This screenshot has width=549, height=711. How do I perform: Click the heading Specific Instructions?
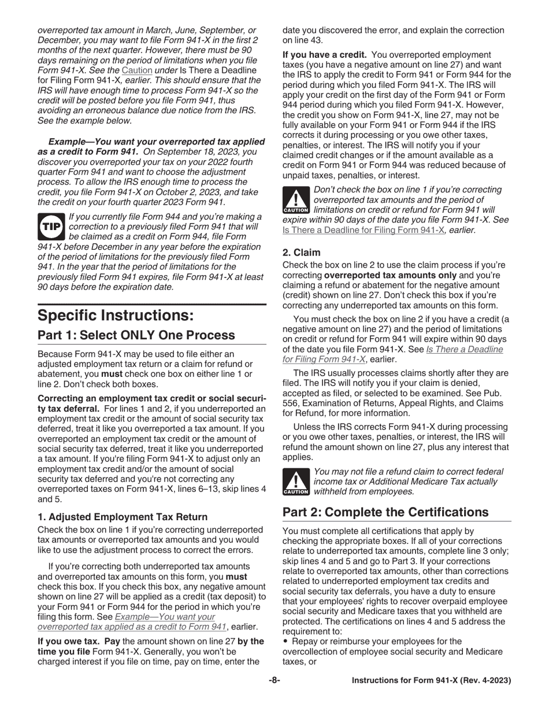(116, 316)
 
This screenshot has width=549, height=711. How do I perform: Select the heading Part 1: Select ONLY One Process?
(136, 335)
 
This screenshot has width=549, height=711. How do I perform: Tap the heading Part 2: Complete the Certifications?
(385, 512)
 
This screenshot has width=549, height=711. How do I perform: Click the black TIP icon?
(51, 227)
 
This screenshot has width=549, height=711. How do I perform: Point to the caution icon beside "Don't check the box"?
(296, 200)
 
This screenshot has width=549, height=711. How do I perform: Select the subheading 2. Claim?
(301, 253)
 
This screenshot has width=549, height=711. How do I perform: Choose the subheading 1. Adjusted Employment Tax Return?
(123, 517)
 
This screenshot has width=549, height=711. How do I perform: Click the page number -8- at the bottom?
(274, 680)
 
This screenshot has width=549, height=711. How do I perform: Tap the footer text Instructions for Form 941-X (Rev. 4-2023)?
(431, 680)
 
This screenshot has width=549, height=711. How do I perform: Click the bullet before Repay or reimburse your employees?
(285, 641)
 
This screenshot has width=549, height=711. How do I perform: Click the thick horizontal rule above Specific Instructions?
(152, 304)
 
